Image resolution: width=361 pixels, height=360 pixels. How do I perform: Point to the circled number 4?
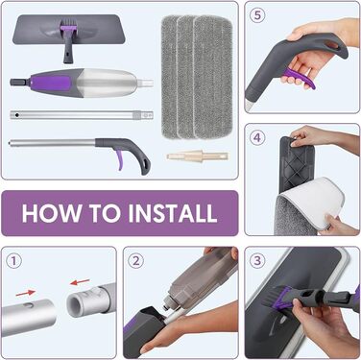(x=257, y=137)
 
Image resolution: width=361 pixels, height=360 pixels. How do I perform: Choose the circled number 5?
(x=257, y=15)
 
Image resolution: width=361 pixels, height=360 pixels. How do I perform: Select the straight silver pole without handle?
(x=82, y=114)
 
